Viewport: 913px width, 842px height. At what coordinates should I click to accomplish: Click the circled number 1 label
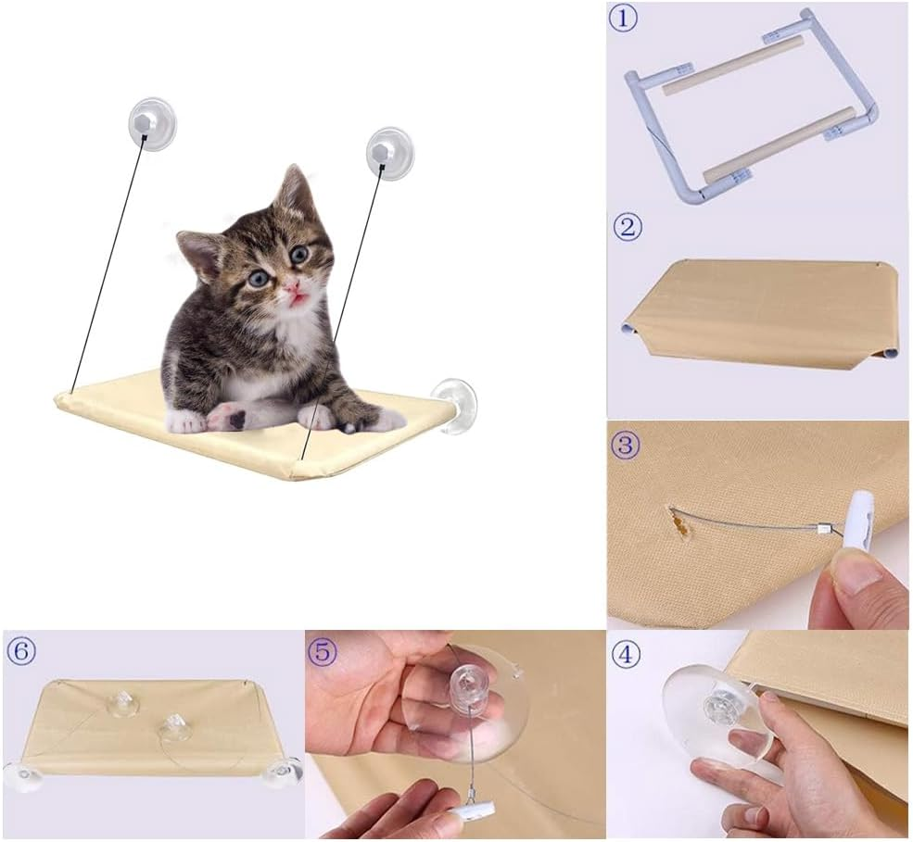(x=624, y=19)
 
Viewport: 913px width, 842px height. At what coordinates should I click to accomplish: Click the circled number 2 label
(x=628, y=227)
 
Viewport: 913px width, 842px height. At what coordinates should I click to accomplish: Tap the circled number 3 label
(x=628, y=445)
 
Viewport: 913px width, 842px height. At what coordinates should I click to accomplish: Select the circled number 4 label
(x=628, y=654)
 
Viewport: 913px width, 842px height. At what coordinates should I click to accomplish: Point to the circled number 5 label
(x=323, y=652)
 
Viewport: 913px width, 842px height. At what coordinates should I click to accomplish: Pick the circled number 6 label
(x=20, y=652)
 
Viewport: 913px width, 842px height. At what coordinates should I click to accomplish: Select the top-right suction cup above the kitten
(x=388, y=151)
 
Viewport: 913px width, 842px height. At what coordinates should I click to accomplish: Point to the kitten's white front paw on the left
(x=186, y=421)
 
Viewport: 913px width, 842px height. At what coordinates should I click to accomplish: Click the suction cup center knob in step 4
(x=720, y=707)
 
